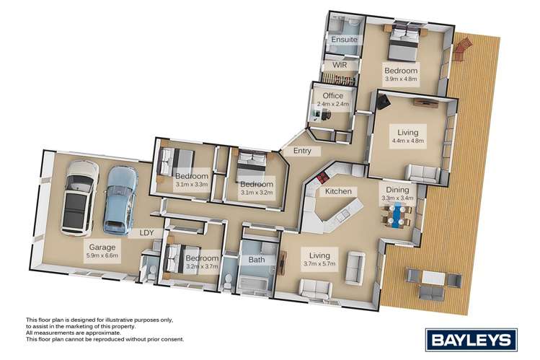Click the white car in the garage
pos(79,197)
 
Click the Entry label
pos(292,151)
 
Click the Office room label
pos(332,95)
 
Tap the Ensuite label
pos(344,40)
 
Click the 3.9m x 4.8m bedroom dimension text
pos(401,79)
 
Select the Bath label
pos(257,260)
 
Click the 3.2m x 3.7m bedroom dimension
pos(202,267)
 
